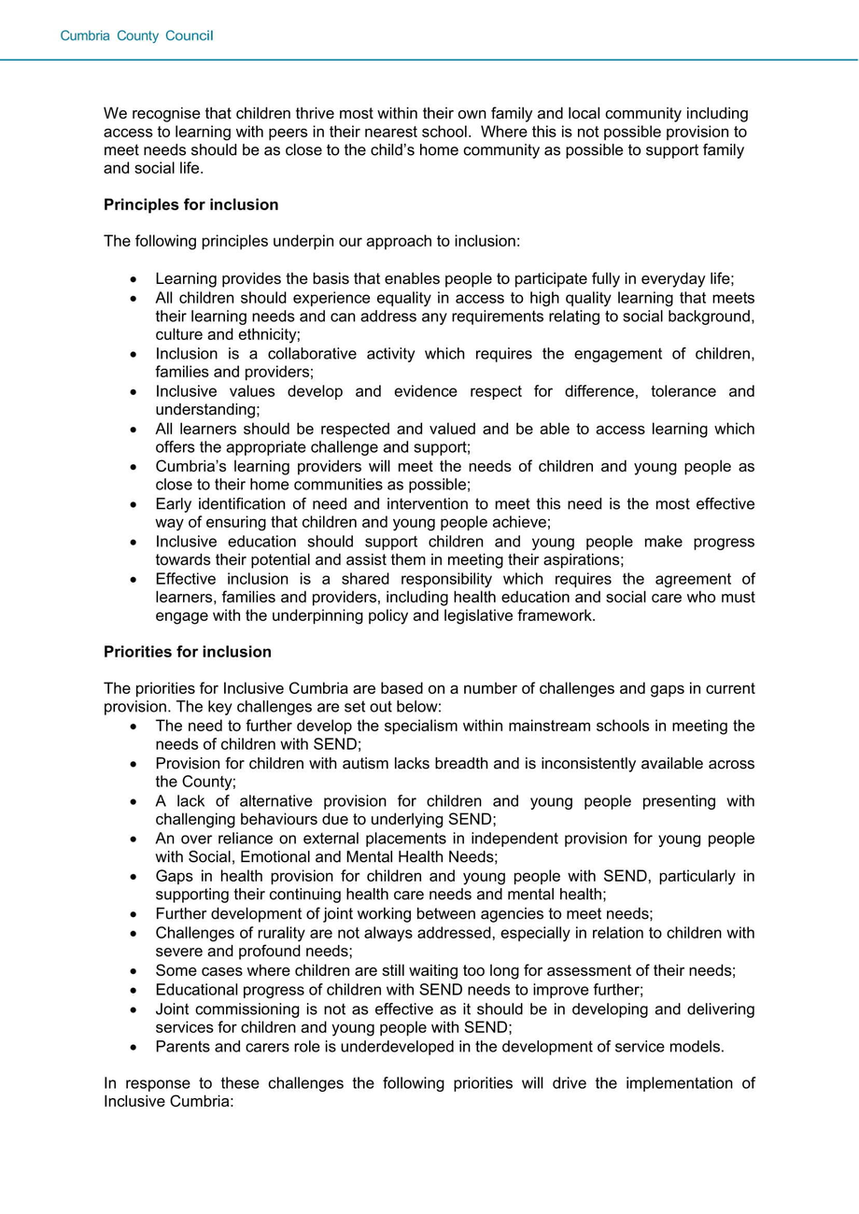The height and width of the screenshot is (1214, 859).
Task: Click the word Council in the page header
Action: (190, 36)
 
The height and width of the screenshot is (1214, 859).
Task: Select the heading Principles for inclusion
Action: (190, 205)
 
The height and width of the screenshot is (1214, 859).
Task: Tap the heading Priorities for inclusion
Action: (188, 652)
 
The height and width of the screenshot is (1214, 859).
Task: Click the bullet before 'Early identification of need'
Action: (134, 505)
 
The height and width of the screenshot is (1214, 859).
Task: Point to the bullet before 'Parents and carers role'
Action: (134, 1048)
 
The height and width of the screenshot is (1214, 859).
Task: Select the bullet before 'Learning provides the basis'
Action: (134, 279)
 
